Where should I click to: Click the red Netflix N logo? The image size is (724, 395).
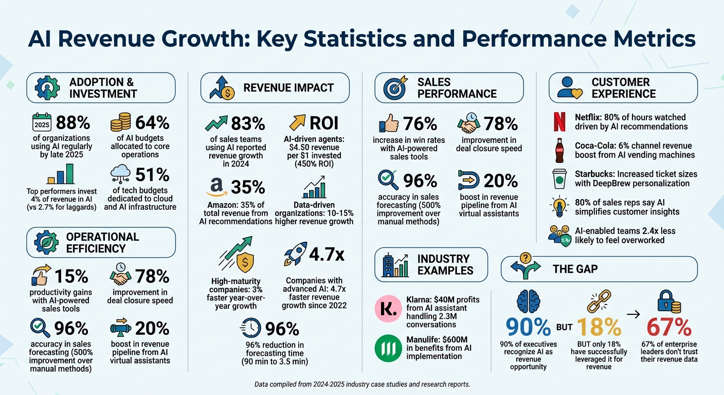click(558, 122)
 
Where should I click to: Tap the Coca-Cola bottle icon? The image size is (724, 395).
click(558, 150)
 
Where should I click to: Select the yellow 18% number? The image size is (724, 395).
click(598, 327)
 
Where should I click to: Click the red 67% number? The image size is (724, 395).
click(668, 327)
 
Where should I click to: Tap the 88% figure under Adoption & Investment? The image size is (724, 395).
click(73, 123)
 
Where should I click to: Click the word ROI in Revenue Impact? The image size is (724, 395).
click(324, 123)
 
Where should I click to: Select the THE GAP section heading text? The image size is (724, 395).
click(575, 268)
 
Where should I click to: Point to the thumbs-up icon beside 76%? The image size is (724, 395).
click(389, 124)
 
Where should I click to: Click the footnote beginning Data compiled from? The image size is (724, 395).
click(361, 384)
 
